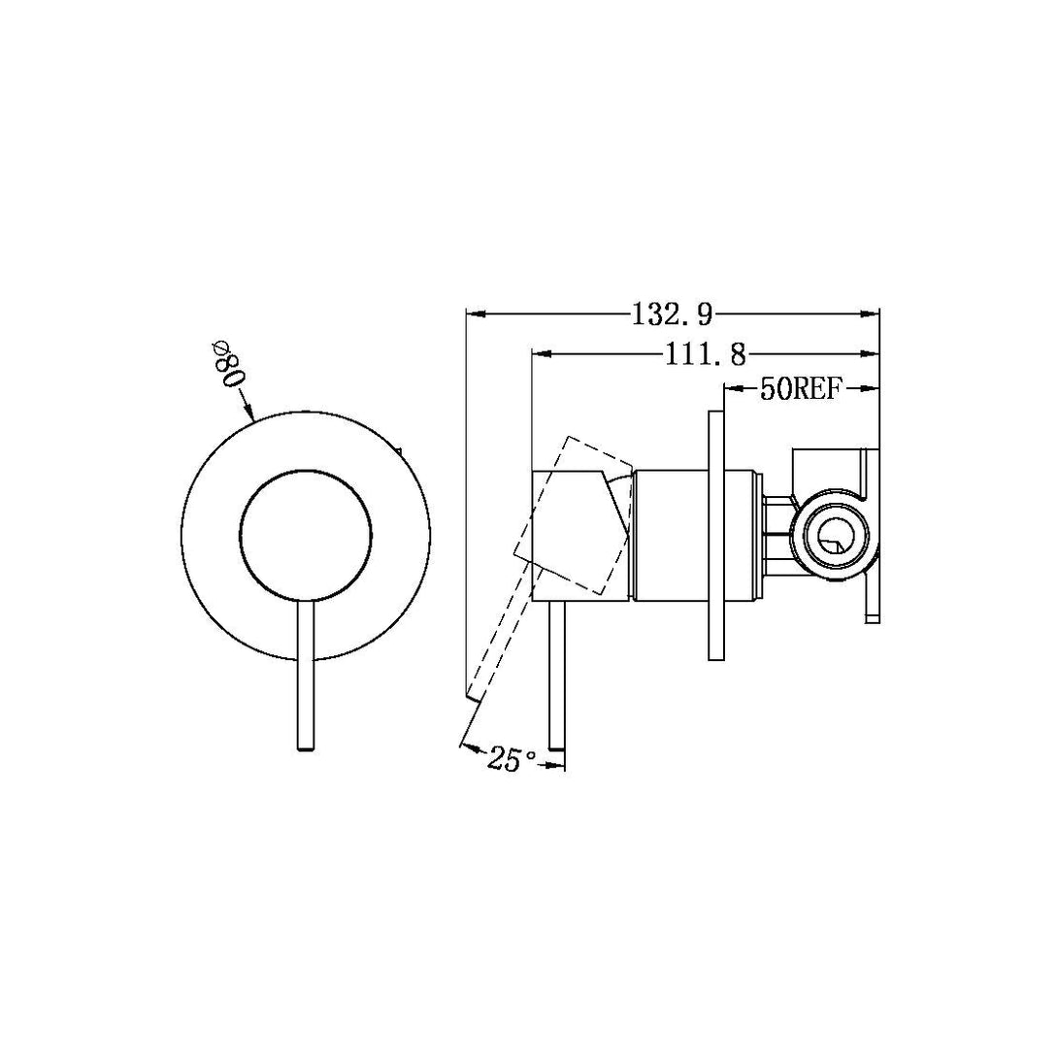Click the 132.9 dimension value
coord(673,314)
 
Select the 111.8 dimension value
coord(705,355)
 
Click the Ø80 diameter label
coord(228,364)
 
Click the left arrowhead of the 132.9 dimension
coord(474,314)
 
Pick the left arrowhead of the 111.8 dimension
coord(540,354)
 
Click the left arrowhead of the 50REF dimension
coord(730,390)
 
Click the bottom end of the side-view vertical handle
coord(557,744)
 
